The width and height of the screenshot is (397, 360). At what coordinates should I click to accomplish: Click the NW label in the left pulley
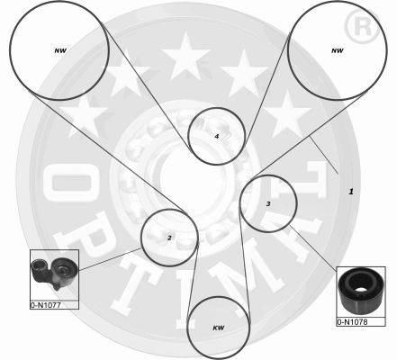click(60, 50)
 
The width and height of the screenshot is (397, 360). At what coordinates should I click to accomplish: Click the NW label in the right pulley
click(338, 50)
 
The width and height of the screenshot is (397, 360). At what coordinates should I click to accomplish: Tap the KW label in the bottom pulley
click(219, 328)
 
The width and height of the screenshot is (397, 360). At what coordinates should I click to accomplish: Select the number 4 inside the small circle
click(217, 137)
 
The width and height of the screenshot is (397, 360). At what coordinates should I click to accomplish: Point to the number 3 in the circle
click(268, 204)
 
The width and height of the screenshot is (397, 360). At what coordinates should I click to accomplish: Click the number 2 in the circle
click(169, 238)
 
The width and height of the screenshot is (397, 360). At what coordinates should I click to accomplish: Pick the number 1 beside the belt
click(351, 192)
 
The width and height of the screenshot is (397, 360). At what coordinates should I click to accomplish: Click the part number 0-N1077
click(46, 305)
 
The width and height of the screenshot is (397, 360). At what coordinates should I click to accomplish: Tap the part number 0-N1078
click(352, 322)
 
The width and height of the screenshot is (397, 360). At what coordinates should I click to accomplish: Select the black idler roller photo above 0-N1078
click(360, 291)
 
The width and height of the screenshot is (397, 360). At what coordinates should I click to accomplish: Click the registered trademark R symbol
click(363, 27)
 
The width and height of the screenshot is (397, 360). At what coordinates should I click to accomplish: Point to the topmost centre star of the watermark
click(186, 57)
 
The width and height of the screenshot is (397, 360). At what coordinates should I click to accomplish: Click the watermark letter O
click(71, 183)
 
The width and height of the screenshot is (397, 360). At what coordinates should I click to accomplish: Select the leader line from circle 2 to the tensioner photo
click(110, 258)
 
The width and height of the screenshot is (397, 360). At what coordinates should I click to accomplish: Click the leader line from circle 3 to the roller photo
click(313, 249)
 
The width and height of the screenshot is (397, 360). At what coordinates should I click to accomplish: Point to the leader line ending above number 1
click(324, 155)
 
